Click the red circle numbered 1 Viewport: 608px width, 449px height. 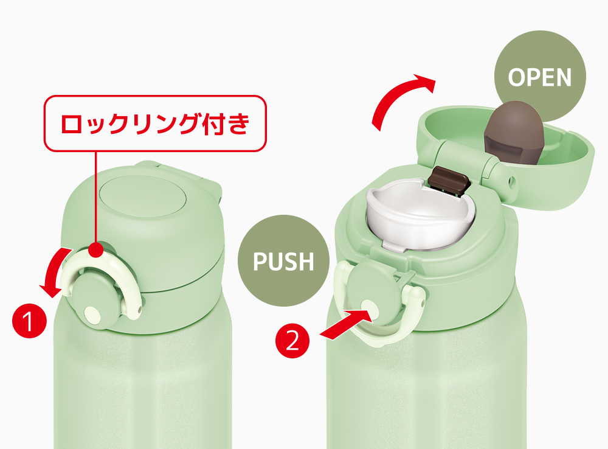point(29,321)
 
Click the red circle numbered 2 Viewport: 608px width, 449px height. point(292,341)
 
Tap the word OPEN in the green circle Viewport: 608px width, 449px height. point(540,77)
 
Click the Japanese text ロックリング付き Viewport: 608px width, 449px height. point(155,124)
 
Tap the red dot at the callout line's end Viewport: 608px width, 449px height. point(96,250)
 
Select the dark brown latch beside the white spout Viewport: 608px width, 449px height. point(449,180)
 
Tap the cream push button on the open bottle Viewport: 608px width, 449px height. point(369,308)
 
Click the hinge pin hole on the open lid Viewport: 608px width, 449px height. point(512,181)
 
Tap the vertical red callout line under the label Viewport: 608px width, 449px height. point(95,198)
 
